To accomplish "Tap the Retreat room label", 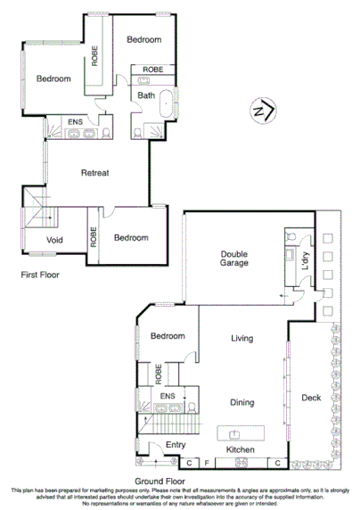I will coord(94,173).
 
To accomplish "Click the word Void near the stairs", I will coord(53,240).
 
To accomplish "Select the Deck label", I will coord(311,398).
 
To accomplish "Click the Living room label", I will coord(241,339).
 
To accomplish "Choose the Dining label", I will coord(241,401).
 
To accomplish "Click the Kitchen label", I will coord(241,451).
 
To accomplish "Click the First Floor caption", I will coord(40,276).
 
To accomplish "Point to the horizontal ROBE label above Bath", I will coord(152,69).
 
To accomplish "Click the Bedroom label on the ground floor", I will coord(167,336).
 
